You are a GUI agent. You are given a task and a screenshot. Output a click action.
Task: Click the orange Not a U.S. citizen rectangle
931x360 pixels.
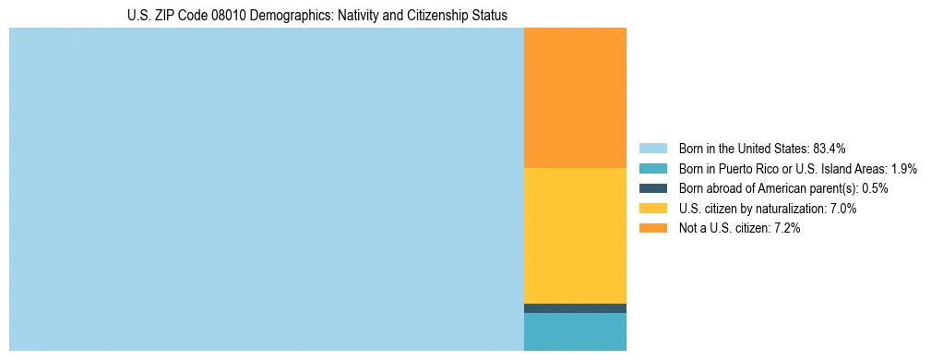[x=575, y=97]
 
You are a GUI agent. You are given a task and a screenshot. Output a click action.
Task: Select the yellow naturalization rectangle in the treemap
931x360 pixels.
[x=575, y=234]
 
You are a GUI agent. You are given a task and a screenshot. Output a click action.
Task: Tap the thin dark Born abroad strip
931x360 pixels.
[x=575, y=308]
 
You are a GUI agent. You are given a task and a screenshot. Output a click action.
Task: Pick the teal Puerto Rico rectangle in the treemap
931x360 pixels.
[x=575, y=331]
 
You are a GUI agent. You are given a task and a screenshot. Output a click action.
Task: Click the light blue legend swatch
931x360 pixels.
[x=652, y=149]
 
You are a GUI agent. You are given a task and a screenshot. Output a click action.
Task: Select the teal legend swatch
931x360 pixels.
[x=652, y=169]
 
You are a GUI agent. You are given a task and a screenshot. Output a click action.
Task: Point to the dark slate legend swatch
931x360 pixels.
[x=652, y=188]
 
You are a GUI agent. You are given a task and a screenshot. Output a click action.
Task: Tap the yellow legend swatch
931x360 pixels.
[x=652, y=209]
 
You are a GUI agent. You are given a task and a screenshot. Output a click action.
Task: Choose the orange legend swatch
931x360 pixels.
[x=652, y=228]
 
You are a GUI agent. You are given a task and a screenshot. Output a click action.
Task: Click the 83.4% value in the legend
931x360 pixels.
[x=830, y=149]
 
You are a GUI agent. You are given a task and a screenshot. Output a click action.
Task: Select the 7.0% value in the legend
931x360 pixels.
[x=842, y=209]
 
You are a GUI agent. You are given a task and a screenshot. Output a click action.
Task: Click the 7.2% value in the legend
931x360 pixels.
[x=785, y=228]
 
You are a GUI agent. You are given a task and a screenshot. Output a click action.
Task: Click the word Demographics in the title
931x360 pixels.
[x=284, y=16]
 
